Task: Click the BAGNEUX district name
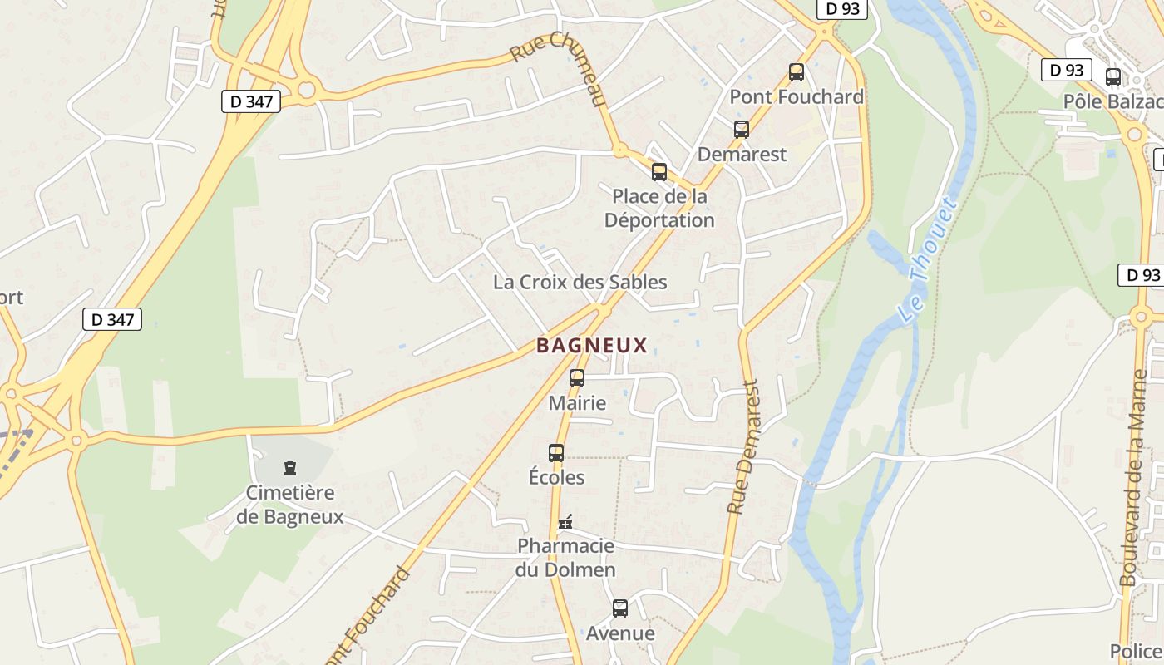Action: [591, 345]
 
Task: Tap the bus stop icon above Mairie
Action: [577, 378]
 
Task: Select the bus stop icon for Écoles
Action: [556, 453]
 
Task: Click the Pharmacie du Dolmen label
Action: [565, 558]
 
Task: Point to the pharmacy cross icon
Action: [565, 522]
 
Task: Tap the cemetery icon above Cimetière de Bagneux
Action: [290, 468]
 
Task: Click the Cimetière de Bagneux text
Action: [289, 505]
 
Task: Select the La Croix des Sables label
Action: [580, 282]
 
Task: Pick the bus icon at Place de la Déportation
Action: [659, 172]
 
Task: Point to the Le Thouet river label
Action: [927, 259]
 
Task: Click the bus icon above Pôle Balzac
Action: [1113, 77]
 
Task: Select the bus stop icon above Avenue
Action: [620, 608]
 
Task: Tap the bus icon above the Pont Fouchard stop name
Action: [797, 72]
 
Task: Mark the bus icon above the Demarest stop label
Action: [742, 130]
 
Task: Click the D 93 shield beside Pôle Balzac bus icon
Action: [1066, 71]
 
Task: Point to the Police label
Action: [1136, 651]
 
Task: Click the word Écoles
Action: [556, 478]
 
